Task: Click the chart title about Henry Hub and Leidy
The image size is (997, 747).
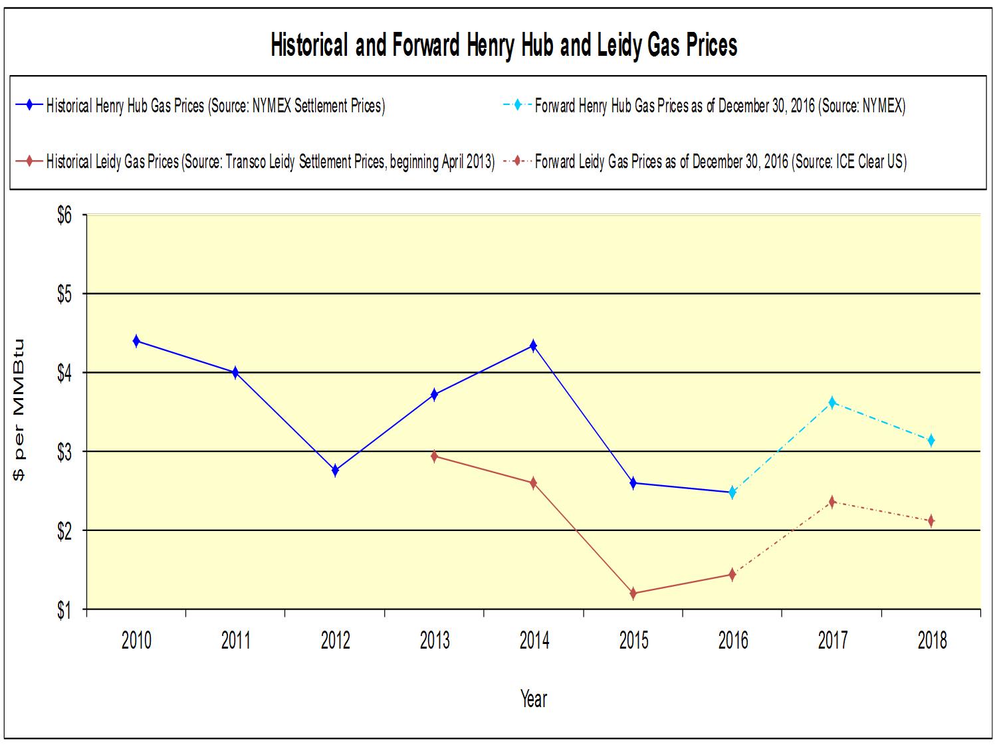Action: (x=504, y=46)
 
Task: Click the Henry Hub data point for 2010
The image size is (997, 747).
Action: (x=136, y=341)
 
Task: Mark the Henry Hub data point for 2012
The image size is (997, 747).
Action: (x=335, y=471)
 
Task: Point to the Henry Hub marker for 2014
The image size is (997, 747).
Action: (x=533, y=346)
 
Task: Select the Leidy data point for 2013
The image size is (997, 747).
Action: (x=434, y=456)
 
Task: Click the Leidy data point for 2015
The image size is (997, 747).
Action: (x=633, y=593)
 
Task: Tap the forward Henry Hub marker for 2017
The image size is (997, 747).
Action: (x=831, y=402)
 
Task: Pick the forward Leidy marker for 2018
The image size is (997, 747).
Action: (x=931, y=520)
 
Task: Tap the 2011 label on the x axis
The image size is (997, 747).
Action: (x=235, y=641)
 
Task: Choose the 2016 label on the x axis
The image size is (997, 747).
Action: (x=732, y=641)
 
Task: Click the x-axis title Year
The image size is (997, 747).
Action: (x=534, y=698)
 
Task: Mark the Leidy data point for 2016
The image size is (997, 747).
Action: (x=732, y=574)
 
